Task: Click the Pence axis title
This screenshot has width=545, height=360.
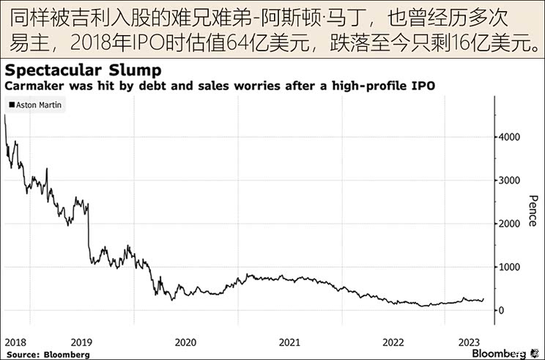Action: (x=533, y=210)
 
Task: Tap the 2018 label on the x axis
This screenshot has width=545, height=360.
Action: (x=16, y=342)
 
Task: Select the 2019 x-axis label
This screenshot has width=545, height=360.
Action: (x=81, y=342)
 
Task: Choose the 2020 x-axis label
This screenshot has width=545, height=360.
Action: (x=186, y=342)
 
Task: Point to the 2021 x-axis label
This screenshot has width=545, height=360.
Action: (x=290, y=342)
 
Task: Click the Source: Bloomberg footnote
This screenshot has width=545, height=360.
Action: (x=47, y=354)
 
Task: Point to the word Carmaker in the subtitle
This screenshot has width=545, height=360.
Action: (x=30, y=87)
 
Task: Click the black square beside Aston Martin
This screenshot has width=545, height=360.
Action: (x=11, y=106)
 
